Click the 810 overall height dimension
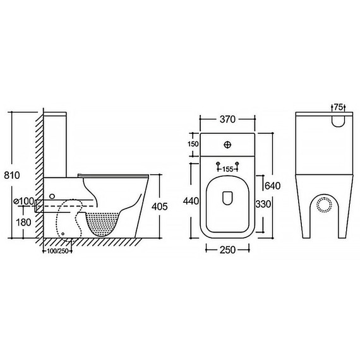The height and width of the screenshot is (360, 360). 12,176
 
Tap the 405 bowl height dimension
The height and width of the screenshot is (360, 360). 160,207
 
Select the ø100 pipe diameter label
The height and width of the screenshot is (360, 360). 23,201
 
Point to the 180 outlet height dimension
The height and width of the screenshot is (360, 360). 23,222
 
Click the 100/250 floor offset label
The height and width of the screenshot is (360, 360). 57,251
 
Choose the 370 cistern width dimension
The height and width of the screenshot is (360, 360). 227,119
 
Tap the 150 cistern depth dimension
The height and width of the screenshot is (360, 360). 193,144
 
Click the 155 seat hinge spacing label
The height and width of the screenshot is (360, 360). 228,169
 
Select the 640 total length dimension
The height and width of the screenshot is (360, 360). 273,186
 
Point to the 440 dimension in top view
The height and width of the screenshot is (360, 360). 191,201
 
